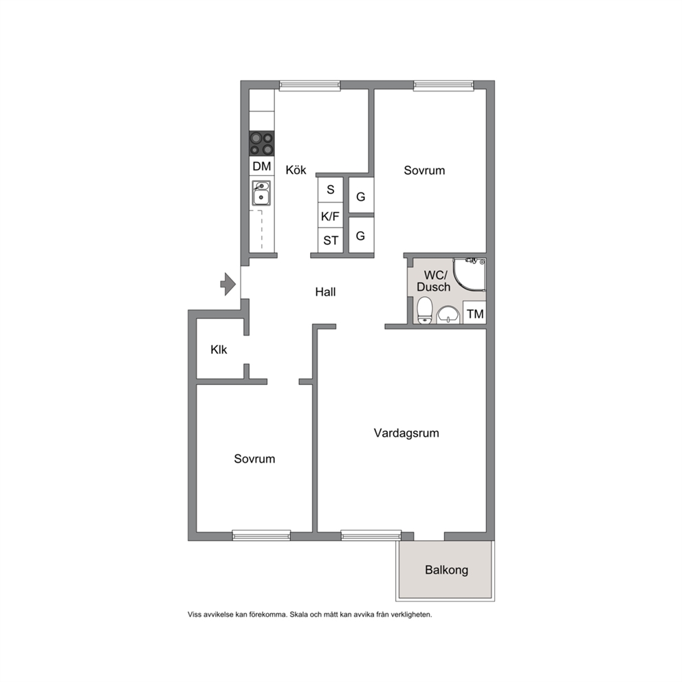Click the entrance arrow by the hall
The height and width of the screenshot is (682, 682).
tap(228, 285)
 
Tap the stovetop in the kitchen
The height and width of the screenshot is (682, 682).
tap(262, 144)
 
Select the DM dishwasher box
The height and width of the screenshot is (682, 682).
tap(262, 166)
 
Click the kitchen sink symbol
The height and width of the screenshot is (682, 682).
tap(261, 193)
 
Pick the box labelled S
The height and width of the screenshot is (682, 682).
tap(331, 190)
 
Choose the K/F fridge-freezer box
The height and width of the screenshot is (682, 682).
tap(331, 216)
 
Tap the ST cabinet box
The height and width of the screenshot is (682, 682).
tap(331, 240)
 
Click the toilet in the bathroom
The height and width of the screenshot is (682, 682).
tap(424, 310)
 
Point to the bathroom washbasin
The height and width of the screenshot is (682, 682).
tap(448, 315)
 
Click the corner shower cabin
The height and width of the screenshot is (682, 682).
tap(470, 274)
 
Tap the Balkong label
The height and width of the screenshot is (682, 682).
tap(447, 570)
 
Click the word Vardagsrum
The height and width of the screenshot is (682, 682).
tap(406, 433)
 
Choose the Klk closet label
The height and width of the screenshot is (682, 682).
tap(219, 349)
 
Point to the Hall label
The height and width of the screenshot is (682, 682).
tap(325, 292)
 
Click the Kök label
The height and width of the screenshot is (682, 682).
tap(296, 170)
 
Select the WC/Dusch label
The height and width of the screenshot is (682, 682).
tap(434, 281)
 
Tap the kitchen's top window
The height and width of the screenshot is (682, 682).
tap(309, 86)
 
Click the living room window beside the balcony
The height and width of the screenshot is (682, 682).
tap(371, 536)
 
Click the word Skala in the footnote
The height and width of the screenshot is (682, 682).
tap(299, 615)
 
